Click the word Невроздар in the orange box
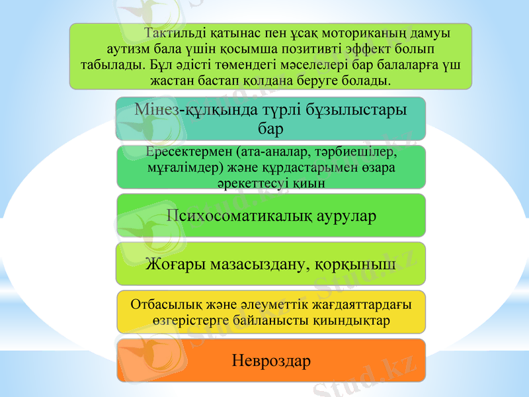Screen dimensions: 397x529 point(271,361)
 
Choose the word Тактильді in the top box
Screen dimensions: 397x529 point(174,33)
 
